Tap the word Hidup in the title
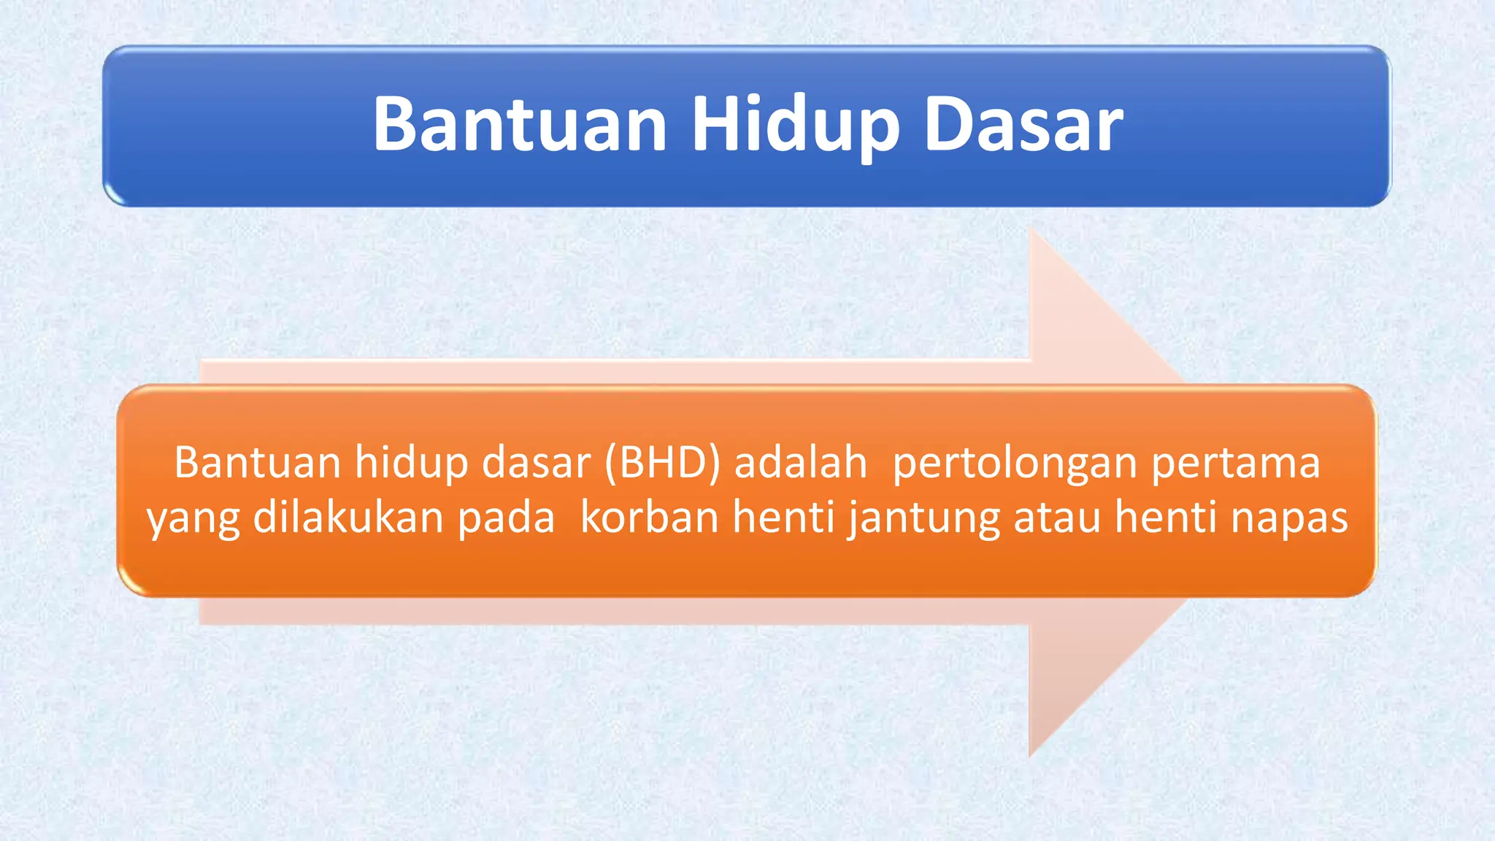pos(795,126)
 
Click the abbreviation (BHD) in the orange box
pos(662,463)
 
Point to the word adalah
pos(800,463)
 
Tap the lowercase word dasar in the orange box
pos(536,463)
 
